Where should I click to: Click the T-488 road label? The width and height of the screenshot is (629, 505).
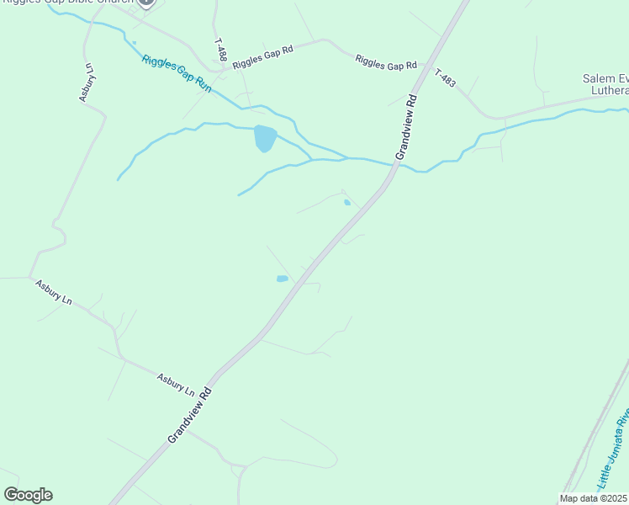[220, 49]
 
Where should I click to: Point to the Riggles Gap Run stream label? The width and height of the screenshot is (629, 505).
[177, 72]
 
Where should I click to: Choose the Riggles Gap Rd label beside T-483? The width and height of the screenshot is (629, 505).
[386, 62]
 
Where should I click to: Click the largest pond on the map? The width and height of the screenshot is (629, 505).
[264, 137]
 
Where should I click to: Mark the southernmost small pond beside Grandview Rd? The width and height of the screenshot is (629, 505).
[283, 279]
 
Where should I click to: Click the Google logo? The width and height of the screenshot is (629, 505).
[28, 495]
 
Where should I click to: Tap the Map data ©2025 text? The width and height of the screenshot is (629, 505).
[593, 498]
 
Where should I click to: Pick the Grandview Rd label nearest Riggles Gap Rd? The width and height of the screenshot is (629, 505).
[405, 126]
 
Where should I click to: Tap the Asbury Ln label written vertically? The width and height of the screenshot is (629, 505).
[88, 83]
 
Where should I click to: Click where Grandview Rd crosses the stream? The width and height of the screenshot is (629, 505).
[394, 164]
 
